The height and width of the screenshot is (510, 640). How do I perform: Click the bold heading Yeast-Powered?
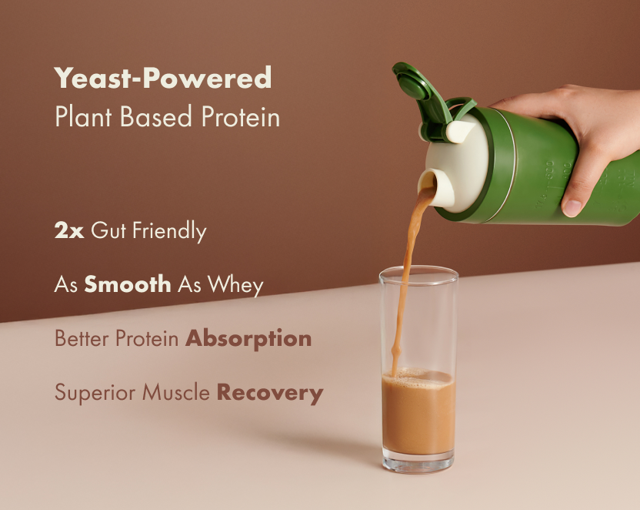[x=163, y=79]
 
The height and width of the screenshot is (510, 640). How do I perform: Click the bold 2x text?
[x=68, y=231]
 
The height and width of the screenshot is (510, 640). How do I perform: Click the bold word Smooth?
[x=128, y=284]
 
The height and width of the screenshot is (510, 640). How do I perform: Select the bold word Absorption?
[x=248, y=339]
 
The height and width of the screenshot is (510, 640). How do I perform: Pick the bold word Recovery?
[x=269, y=392]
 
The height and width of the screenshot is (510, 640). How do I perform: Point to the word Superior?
[x=91, y=393]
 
